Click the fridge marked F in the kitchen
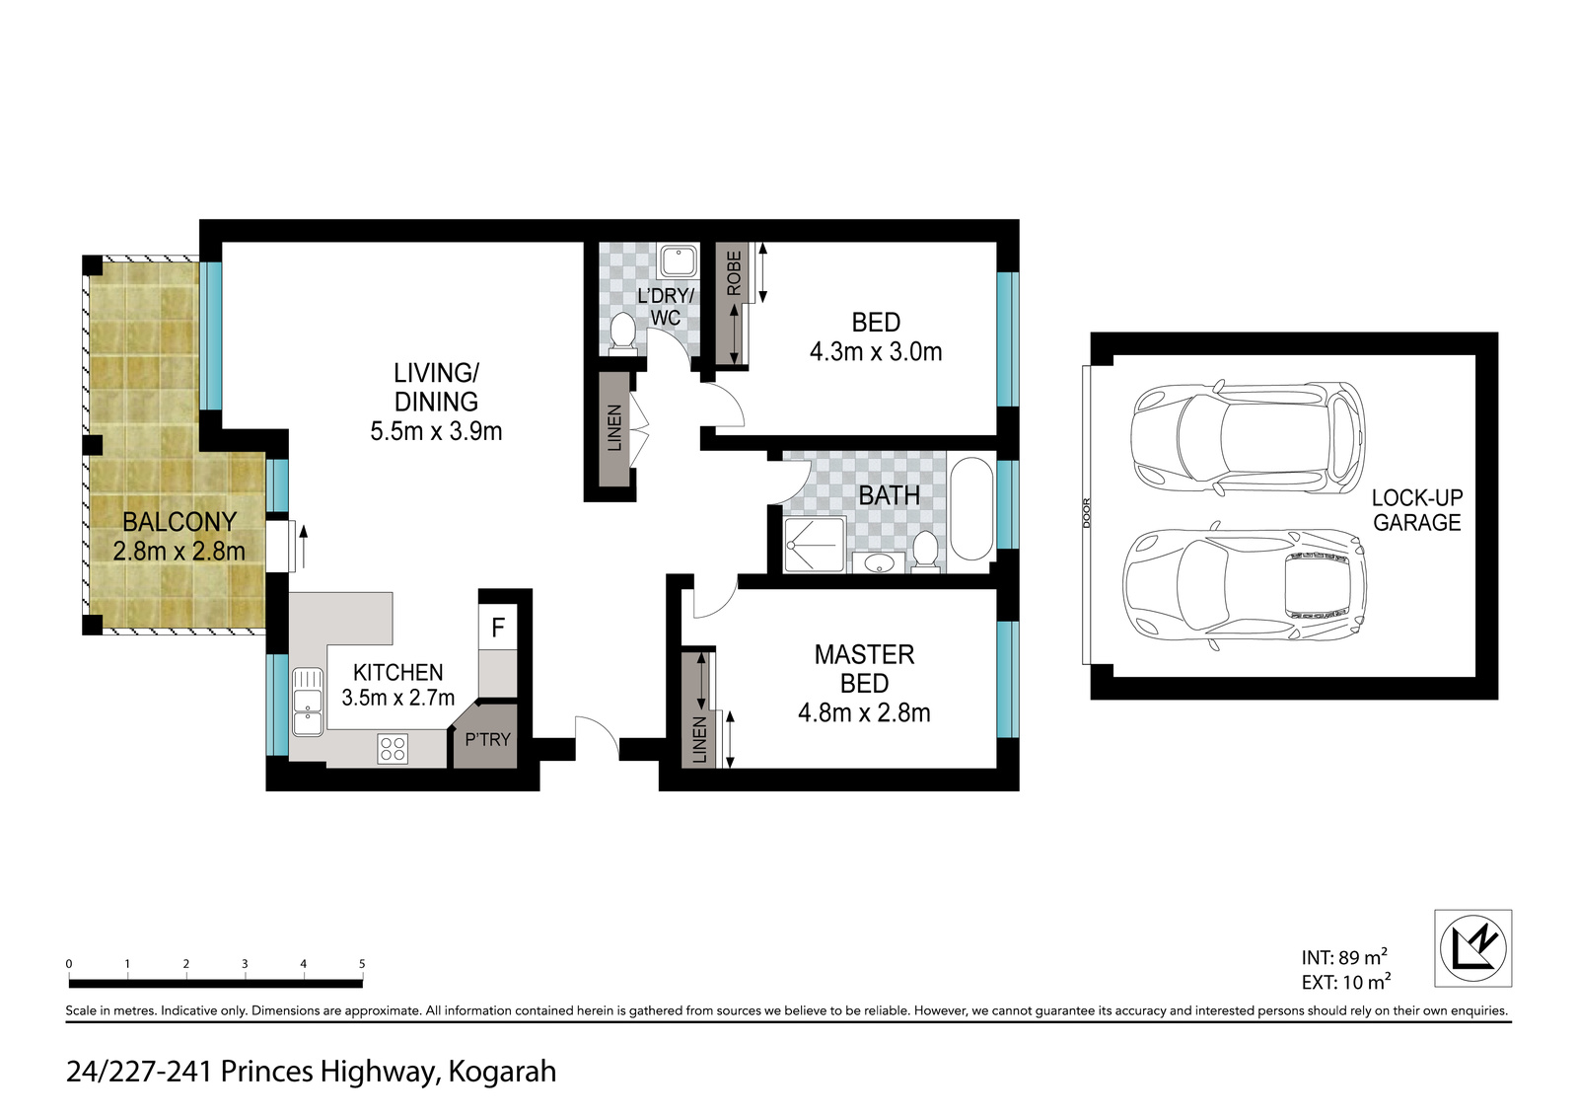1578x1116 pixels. pyautogui.click(x=497, y=627)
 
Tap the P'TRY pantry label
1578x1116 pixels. pyautogui.click(x=487, y=739)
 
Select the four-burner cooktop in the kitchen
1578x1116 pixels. pyautogui.click(x=393, y=749)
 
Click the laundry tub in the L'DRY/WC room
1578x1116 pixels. pyautogui.click(x=679, y=260)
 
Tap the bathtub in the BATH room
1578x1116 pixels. pyautogui.click(x=971, y=510)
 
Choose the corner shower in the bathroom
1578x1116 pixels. pyautogui.click(x=815, y=545)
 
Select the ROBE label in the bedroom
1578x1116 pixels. pyautogui.click(x=734, y=273)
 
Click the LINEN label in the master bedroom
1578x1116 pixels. pyautogui.click(x=699, y=740)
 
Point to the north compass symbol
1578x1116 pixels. pyautogui.click(x=1473, y=948)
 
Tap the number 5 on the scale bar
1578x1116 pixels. pyautogui.click(x=362, y=964)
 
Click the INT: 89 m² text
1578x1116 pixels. pyautogui.click(x=1344, y=957)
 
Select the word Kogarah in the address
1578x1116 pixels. pyautogui.click(x=502, y=1072)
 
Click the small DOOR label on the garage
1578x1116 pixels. pyautogui.click(x=1087, y=512)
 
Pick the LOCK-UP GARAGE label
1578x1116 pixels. pyautogui.click(x=1417, y=510)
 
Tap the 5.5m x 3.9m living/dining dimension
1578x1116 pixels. pyautogui.click(x=436, y=431)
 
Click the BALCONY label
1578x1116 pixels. pyautogui.click(x=179, y=522)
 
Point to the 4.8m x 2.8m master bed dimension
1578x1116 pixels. pyautogui.click(x=864, y=712)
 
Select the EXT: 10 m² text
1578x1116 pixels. pyautogui.click(x=1346, y=982)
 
